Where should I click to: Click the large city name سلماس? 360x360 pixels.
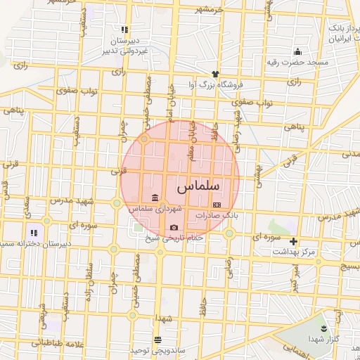pyautogui.click(x=198, y=186)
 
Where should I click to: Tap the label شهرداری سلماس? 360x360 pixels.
pyautogui.click(x=155, y=209)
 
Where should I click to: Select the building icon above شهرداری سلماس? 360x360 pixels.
pyautogui.click(x=155, y=198)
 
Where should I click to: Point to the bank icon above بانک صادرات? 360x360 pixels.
pyautogui.click(x=216, y=205)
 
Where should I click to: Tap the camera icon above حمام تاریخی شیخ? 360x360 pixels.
pyautogui.click(x=174, y=227)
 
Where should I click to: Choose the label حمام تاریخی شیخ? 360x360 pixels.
pyautogui.click(x=173, y=239)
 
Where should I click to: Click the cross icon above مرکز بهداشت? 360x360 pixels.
pyautogui.click(x=294, y=241)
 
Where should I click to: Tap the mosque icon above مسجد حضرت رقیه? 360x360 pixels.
pyautogui.click(x=297, y=51)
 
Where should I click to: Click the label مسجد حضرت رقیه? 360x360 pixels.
pyautogui.click(x=297, y=63)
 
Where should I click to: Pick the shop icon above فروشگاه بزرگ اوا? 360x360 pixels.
pyautogui.click(x=216, y=73)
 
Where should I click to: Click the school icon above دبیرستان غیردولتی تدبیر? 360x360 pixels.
pyautogui.click(x=124, y=30)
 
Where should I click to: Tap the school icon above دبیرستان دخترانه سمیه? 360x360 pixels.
pyautogui.click(x=33, y=232)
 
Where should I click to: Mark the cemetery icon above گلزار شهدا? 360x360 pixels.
pyautogui.click(x=323, y=328)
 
